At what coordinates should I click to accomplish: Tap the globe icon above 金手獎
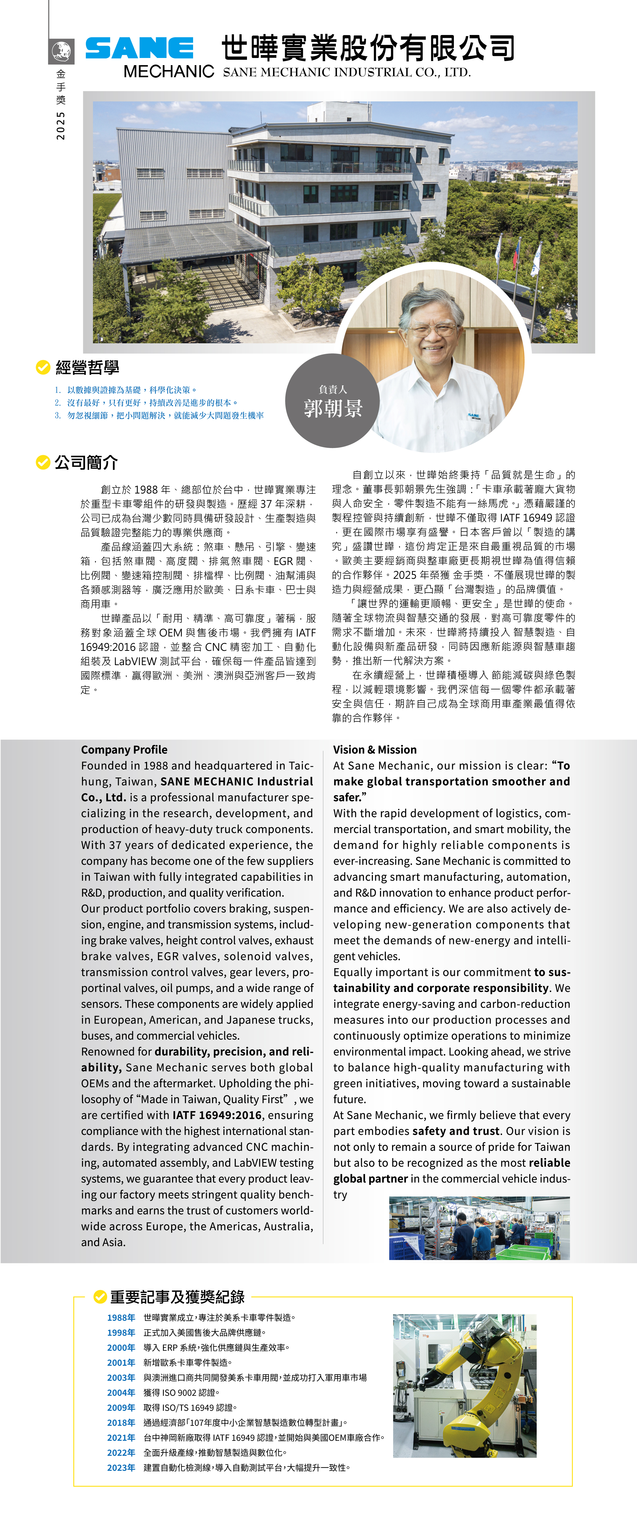coord(61,52)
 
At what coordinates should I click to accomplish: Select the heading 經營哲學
coord(87,368)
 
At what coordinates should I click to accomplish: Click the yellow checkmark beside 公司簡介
coord(43,462)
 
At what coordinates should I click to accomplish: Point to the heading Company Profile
coord(124,750)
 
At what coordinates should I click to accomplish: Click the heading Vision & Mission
coord(375,750)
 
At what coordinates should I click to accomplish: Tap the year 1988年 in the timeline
coord(121,1317)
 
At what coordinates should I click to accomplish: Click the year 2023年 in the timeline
coord(121,1467)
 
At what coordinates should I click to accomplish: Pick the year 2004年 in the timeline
coord(121,1392)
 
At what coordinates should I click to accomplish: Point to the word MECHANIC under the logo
coord(169,72)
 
